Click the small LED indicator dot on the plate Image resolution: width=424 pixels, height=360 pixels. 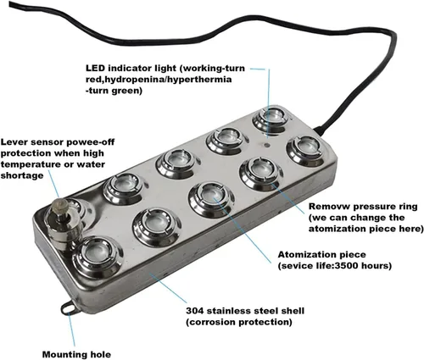(x=266, y=145)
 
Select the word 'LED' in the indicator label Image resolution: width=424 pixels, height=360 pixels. (x=95, y=68)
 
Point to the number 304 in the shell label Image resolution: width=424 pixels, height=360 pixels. (x=194, y=311)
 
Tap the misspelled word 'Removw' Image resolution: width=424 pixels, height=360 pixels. (x=329, y=207)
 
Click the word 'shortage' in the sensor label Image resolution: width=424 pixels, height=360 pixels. (x=22, y=175)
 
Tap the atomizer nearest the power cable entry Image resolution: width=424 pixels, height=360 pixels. (x=305, y=150)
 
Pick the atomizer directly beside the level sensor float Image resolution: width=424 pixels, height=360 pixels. (x=98, y=253)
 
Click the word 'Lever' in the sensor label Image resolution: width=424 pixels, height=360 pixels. (x=14, y=141)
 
